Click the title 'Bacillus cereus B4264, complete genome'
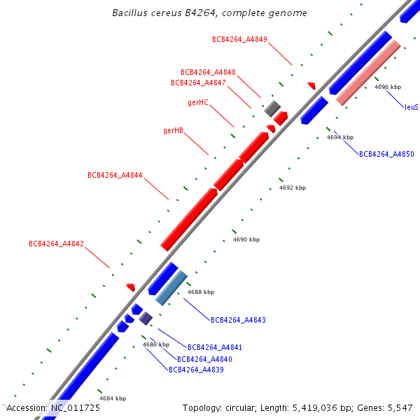pyautogui.click(x=209, y=13)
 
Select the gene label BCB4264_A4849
pyautogui.click(x=239, y=39)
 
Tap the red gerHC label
pyautogui.click(x=198, y=102)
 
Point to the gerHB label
pyautogui.click(x=174, y=130)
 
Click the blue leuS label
pyautogui.click(x=411, y=107)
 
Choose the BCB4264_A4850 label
pyautogui.click(x=386, y=154)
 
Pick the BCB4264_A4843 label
pyautogui.click(x=238, y=320)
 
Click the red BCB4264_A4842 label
pyautogui.click(x=56, y=244)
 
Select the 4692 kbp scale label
pyautogui.click(x=293, y=188)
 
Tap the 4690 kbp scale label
pyautogui.click(x=246, y=239)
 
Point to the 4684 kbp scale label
pyautogui.click(x=113, y=398)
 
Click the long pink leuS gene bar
pyautogui.click(x=368, y=72)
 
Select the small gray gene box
pyautogui.click(x=272, y=108)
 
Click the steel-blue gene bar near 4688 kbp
pyautogui.click(x=171, y=288)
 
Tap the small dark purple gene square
pyautogui.click(x=146, y=318)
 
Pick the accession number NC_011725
pyautogui.click(x=75, y=407)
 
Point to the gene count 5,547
pyautogui.click(x=400, y=407)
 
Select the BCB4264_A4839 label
pyautogui.click(x=196, y=370)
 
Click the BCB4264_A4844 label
pyautogui.click(x=115, y=175)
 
